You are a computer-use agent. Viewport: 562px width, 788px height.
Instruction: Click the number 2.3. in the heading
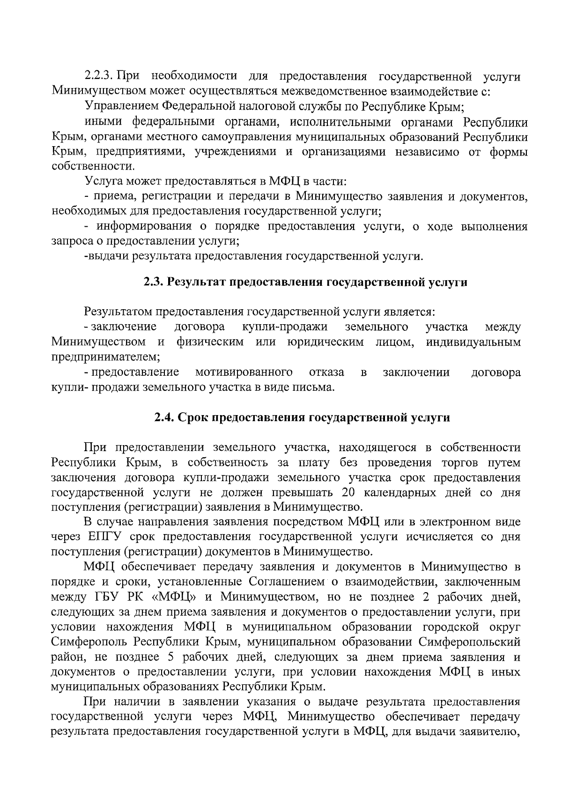coord(154,282)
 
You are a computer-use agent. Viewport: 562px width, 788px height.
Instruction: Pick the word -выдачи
coord(107,256)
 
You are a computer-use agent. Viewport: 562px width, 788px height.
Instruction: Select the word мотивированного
coord(244,373)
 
